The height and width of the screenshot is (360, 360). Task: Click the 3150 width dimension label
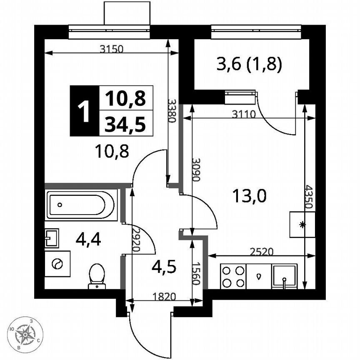112,49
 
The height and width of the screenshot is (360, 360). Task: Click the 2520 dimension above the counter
261,251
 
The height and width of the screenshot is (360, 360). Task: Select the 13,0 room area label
249,195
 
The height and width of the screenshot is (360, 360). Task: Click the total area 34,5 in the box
125,124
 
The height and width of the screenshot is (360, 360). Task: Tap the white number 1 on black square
85,111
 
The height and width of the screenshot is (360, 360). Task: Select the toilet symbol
97,276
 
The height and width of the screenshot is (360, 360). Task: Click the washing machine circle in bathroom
57,264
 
